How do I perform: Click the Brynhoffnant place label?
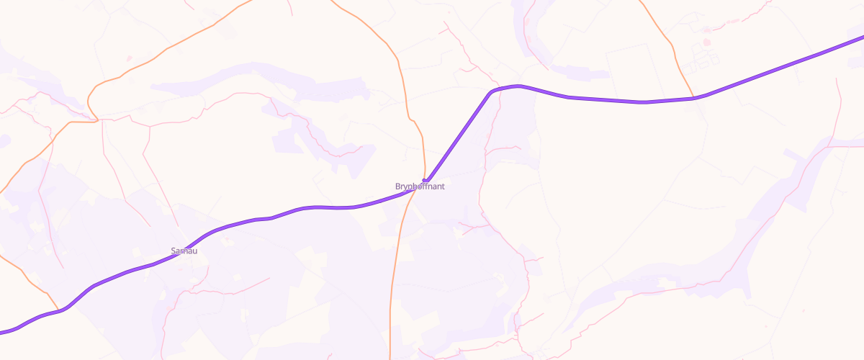click(x=420, y=186)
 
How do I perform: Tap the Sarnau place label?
click(x=184, y=251)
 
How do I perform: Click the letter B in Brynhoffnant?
click(x=397, y=186)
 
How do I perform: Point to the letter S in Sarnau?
click(x=173, y=251)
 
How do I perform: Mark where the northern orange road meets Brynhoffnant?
click(x=425, y=179)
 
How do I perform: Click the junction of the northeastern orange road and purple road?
click(x=693, y=98)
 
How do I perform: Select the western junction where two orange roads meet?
click(x=96, y=120)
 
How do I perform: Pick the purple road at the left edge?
click(x=2, y=333)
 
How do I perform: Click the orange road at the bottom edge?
click(x=390, y=357)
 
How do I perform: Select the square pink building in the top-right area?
click(x=707, y=42)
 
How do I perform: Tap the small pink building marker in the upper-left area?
click(x=129, y=58)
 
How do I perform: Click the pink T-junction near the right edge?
click(x=831, y=146)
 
